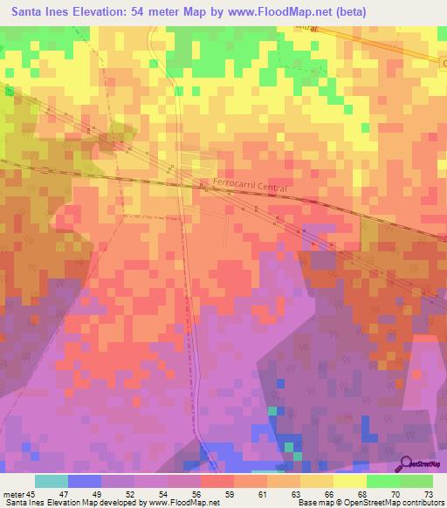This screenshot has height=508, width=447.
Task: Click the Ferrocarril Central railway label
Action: tap(249, 186)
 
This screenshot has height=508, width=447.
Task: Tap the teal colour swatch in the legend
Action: tap(52, 481)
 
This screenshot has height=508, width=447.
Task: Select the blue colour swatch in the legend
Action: tap(85, 481)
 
